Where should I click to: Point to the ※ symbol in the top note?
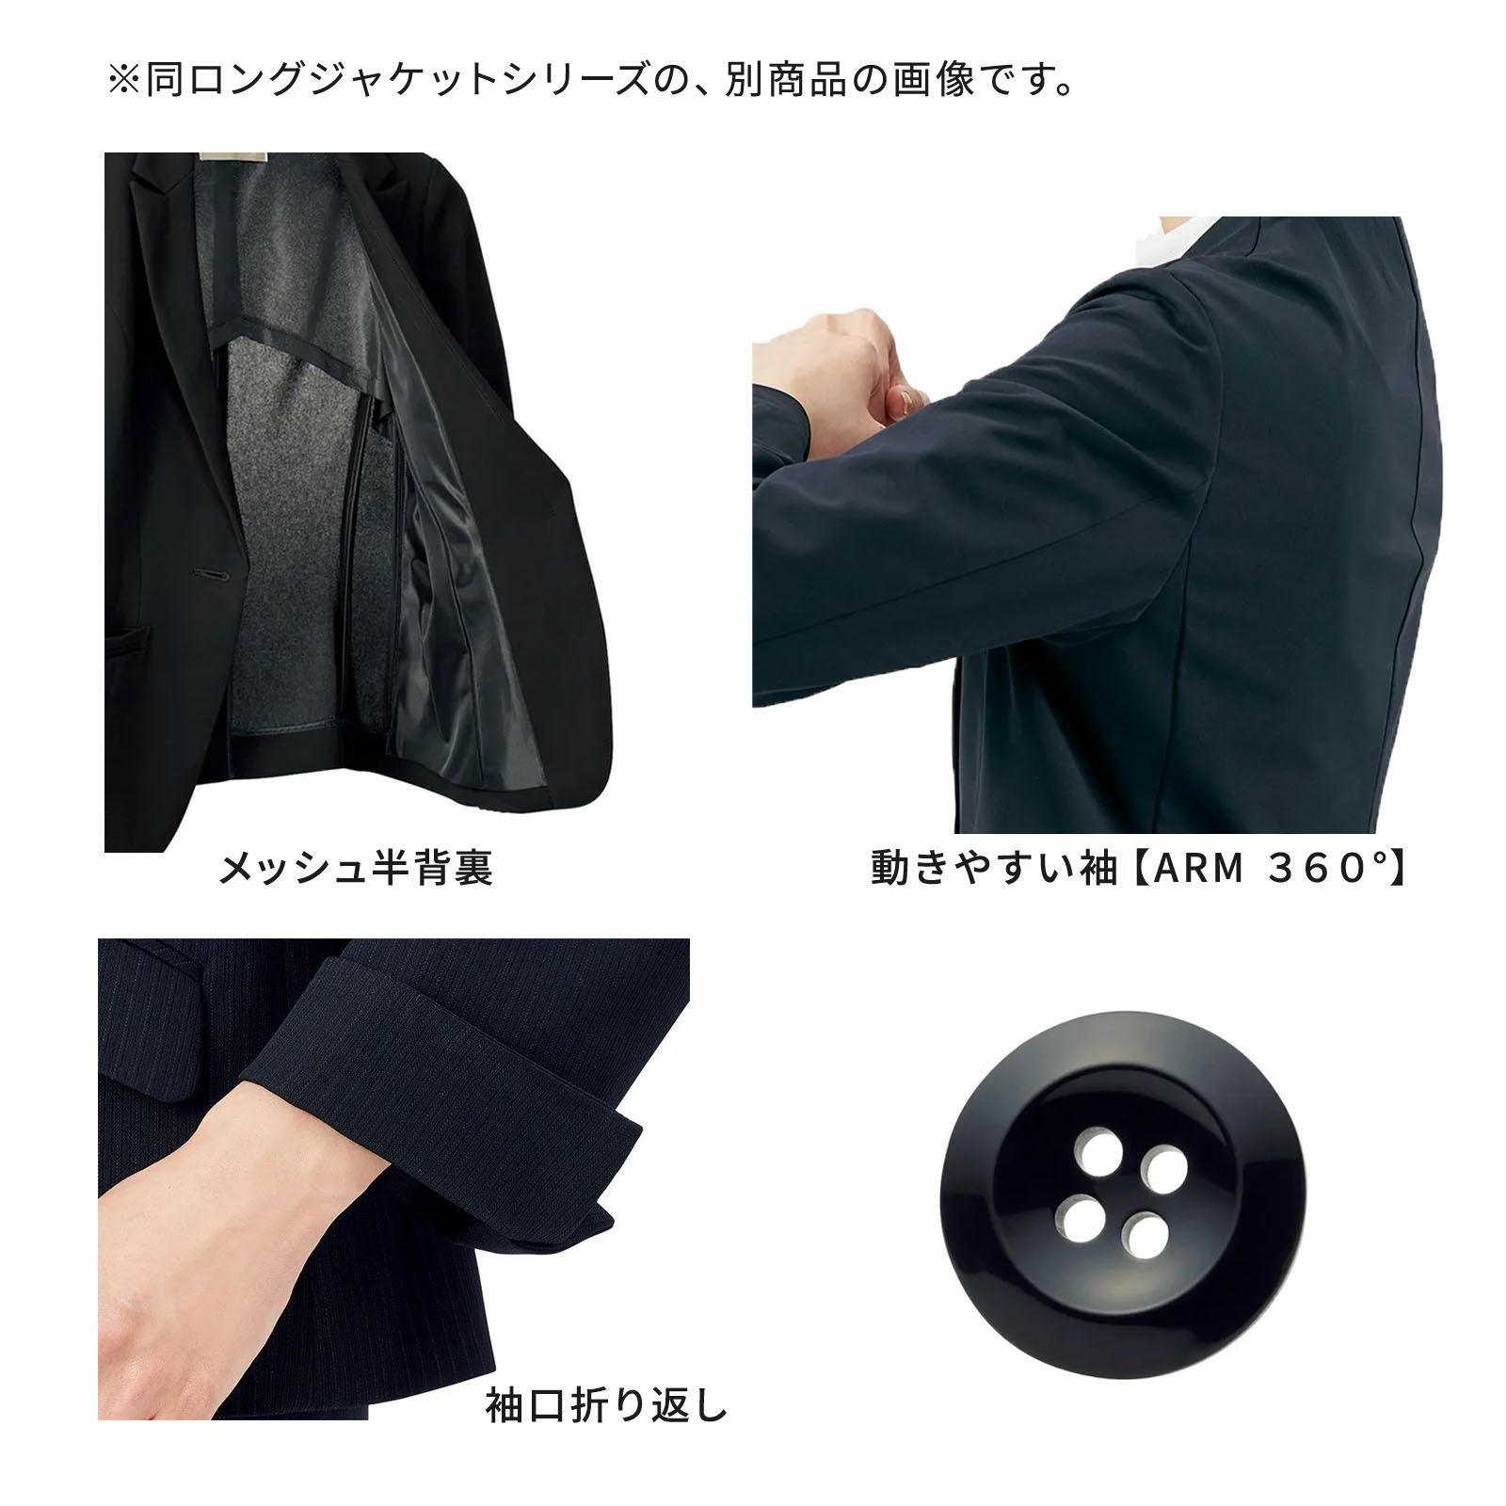click(124, 81)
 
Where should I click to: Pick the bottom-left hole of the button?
click(1078, 1213)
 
